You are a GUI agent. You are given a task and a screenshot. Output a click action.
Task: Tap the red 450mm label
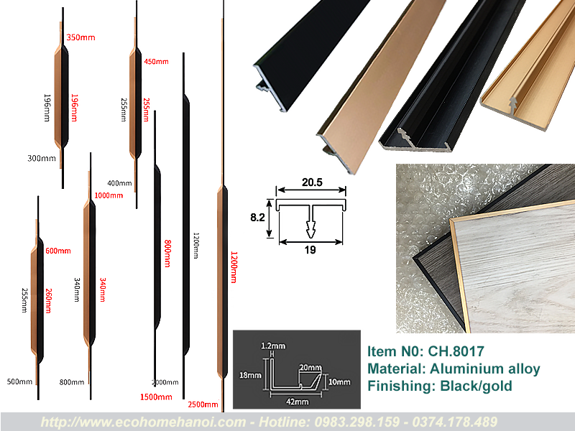tap(156, 62)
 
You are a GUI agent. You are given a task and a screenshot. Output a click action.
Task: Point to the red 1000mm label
tap(108, 195)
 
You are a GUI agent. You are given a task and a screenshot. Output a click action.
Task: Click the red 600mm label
tap(58, 251)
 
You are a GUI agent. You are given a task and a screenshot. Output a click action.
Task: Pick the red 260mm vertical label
tap(48, 297)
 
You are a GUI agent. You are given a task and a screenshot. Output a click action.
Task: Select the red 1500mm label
tap(156, 397)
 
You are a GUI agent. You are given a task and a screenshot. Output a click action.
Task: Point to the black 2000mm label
tap(165, 382)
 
